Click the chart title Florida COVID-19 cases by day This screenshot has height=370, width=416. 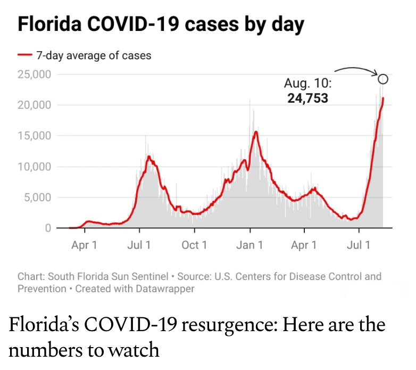tap(161, 24)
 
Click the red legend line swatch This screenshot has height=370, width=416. tap(25, 55)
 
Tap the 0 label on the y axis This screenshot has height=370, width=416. tap(47, 228)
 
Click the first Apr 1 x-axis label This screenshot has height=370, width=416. tap(84, 245)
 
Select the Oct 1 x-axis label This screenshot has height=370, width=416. tap(194, 245)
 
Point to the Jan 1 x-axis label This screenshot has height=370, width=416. tap(249, 245)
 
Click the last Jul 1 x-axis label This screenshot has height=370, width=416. tap(359, 245)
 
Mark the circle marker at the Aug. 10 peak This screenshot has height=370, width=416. tap(383, 79)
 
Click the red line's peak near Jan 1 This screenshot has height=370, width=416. tap(256, 131)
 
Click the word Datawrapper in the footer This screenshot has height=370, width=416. tap(167, 289)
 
